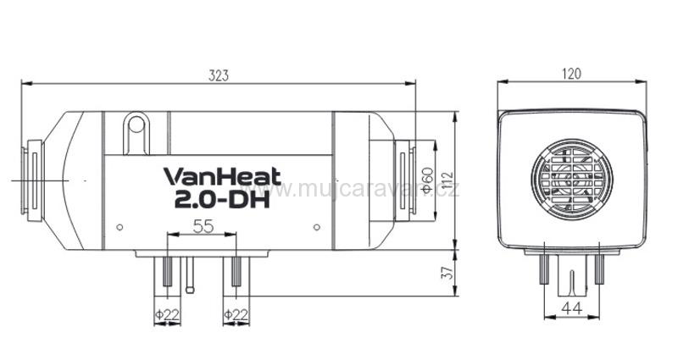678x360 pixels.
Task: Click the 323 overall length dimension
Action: pyautogui.click(x=218, y=75)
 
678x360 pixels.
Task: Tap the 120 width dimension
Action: pyautogui.click(x=571, y=74)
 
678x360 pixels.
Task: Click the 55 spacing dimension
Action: pyautogui.click(x=203, y=227)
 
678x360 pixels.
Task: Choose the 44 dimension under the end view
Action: pyautogui.click(x=571, y=310)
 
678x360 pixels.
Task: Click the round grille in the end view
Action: pyautogui.click(x=570, y=179)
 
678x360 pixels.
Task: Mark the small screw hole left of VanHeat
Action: pyautogui.click(x=119, y=226)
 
